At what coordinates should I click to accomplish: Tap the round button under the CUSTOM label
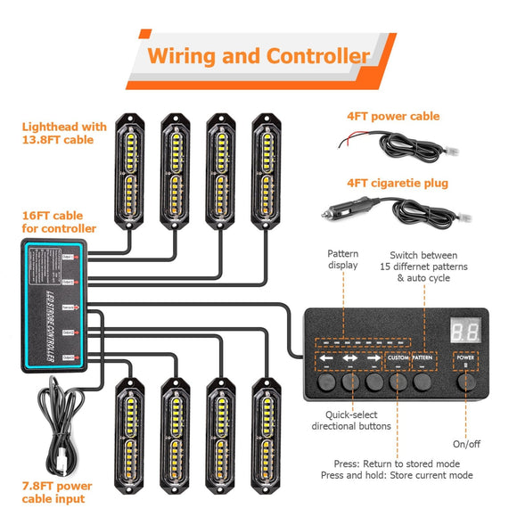click(397, 382)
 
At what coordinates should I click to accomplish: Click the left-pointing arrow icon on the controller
click(328, 361)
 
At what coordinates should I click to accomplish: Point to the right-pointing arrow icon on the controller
click(373, 361)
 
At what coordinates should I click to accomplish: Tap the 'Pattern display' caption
click(342, 258)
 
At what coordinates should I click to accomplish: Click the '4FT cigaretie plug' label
click(398, 183)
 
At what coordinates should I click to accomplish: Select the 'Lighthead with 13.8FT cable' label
click(64, 133)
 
